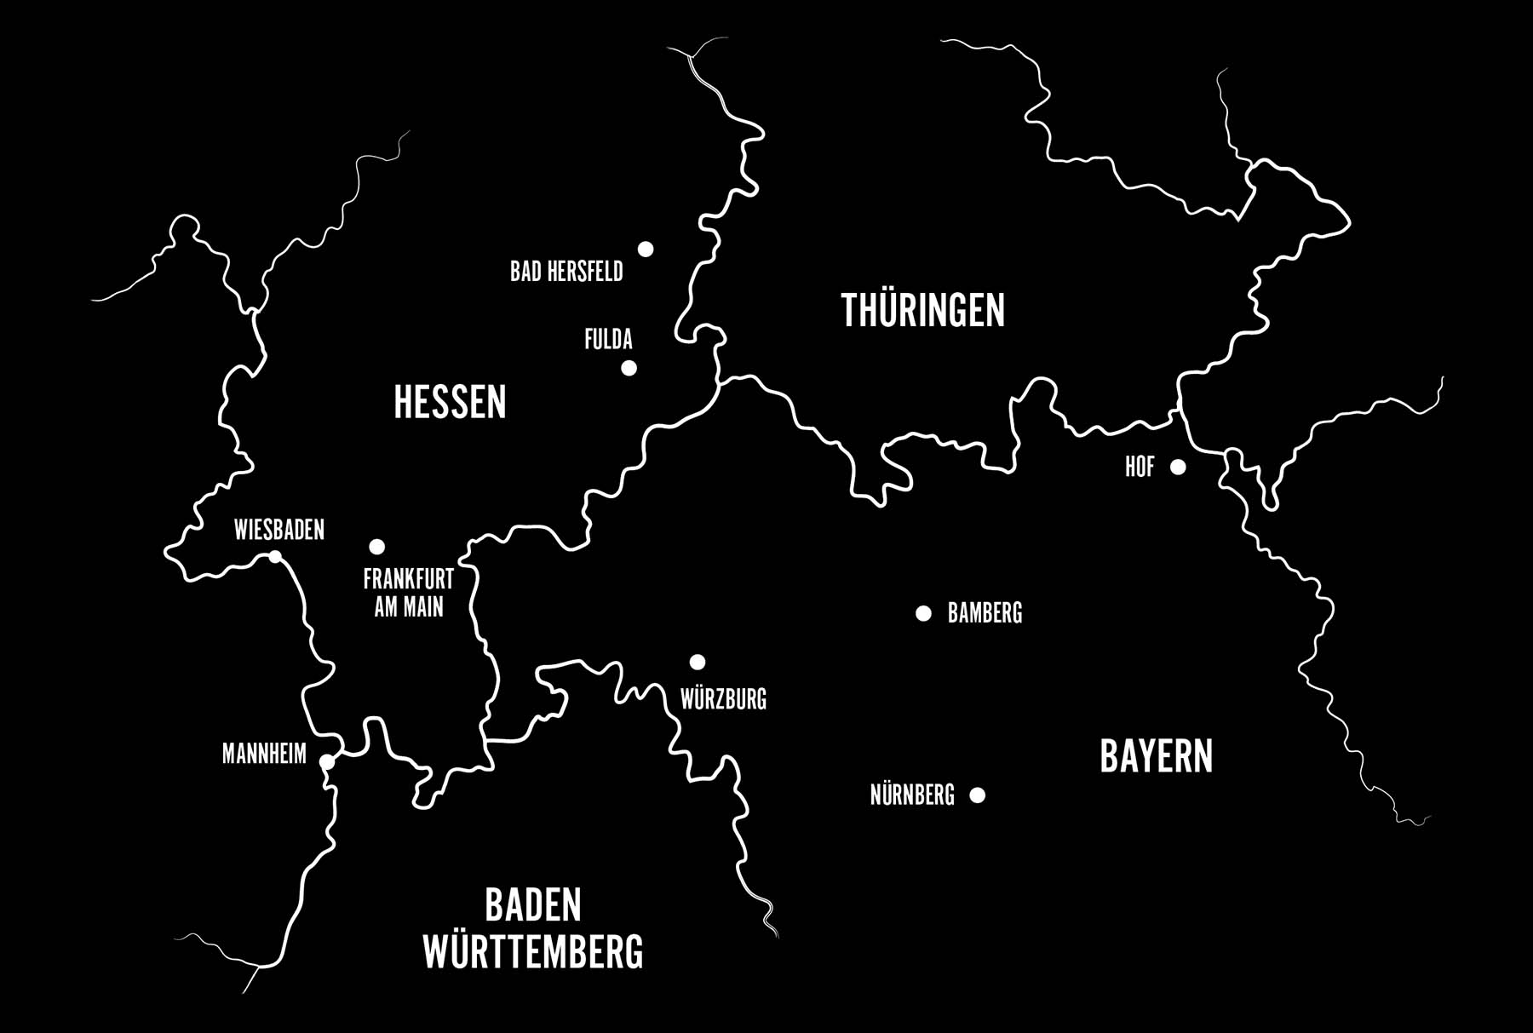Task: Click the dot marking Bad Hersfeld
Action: click(646, 249)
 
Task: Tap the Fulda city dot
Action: click(629, 368)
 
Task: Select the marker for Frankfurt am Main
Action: click(376, 546)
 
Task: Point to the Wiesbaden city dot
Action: click(275, 557)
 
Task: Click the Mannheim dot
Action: click(326, 761)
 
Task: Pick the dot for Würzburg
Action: click(698, 662)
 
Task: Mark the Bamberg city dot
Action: click(923, 613)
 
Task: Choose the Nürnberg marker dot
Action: click(978, 795)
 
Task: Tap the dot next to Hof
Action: click(1178, 467)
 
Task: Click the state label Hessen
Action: click(450, 402)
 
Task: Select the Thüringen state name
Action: click(922, 310)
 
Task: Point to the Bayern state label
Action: click(1156, 756)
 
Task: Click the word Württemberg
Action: click(533, 952)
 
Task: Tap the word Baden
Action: click(533, 904)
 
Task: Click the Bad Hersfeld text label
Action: click(566, 272)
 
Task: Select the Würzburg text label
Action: click(723, 700)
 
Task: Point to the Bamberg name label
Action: click(985, 613)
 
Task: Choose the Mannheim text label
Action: click(264, 754)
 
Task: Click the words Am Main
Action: click(409, 607)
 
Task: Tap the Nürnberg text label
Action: click(912, 795)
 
